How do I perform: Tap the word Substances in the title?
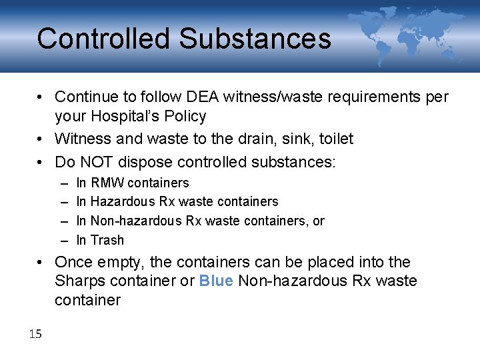[255, 39]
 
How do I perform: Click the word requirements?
[368, 97]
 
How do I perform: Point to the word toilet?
[336, 139]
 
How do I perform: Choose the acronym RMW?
[107, 183]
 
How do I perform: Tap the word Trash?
[107, 240]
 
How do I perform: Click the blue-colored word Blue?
[216, 281]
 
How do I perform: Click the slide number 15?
[35, 333]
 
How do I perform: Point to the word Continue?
[85, 97]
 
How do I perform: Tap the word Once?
[73, 262]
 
